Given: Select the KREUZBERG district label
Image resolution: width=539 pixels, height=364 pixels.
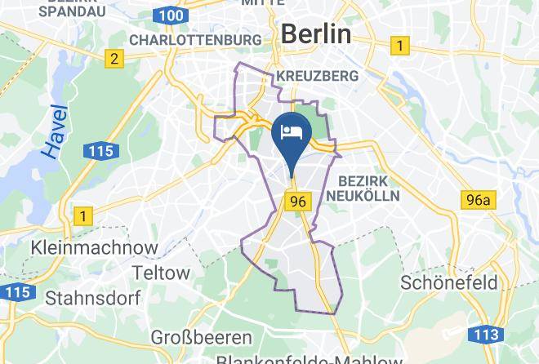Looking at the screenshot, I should coord(318,75).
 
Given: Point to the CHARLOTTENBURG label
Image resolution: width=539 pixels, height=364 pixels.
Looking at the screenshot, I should coord(195,39).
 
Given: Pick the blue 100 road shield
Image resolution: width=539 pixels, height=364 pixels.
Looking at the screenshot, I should coord(170,16).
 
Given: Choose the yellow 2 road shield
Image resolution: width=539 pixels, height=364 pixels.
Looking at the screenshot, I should coord(114,58).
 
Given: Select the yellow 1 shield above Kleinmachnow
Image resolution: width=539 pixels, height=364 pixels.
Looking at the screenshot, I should coord(82,215).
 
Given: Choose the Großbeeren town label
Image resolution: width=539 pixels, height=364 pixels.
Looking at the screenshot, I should coord(193,335).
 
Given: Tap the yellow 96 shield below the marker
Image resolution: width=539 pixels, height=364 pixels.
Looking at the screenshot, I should coord(295,199).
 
